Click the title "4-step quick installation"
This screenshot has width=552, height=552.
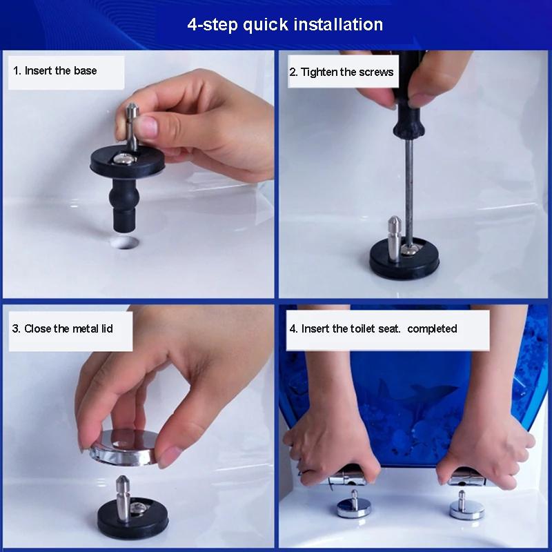pos(285,25)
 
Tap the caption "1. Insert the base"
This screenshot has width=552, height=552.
pos(55,71)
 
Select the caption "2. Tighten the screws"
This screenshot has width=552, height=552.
pos(341,72)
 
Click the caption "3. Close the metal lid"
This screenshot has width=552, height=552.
pos(62,329)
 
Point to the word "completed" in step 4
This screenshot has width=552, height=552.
pos(432,329)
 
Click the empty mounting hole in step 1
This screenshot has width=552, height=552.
pos(124,242)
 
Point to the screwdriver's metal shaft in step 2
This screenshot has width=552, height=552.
pos(408,192)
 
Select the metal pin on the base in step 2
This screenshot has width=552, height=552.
pos(394,239)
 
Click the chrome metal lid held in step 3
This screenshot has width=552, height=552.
pos(124,447)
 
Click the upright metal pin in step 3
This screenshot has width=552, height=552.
pos(123,497)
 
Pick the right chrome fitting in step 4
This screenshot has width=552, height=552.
pos(466,506)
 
